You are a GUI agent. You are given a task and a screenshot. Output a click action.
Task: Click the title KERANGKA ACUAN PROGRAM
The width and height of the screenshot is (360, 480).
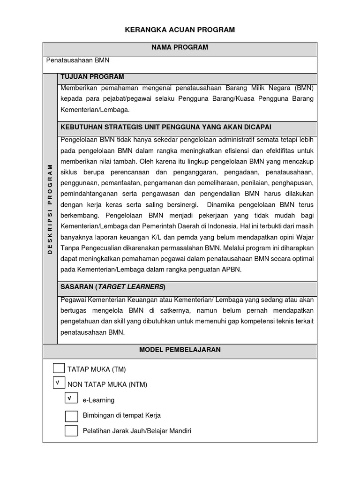[180, 30]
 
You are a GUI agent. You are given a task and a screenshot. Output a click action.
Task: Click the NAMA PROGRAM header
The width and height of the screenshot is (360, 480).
[180, 47]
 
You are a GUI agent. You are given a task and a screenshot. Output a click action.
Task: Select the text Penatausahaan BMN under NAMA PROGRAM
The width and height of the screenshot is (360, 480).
[78, 60]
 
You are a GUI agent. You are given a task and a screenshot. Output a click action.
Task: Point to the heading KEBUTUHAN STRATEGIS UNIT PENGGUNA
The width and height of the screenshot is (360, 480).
[166, 127]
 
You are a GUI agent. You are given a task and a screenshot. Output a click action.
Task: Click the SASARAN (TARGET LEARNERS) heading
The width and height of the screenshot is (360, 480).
[113, 287]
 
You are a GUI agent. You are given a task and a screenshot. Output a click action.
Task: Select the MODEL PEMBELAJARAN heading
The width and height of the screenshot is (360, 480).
[180, 350]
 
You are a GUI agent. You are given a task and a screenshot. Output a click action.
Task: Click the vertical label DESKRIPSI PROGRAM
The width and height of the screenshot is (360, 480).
[50, 209]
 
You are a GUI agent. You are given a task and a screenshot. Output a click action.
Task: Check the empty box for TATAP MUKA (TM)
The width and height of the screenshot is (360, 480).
[59, 368]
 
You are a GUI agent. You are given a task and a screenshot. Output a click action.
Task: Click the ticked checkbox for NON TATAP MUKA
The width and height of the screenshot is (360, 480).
[59, 383]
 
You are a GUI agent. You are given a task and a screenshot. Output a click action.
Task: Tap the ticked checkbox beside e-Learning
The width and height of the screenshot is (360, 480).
[71, 398]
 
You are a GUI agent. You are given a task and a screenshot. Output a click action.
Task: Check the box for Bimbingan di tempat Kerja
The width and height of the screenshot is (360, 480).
[71, 415]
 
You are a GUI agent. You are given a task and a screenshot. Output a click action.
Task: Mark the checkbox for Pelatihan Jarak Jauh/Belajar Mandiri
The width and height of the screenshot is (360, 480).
[71, 431]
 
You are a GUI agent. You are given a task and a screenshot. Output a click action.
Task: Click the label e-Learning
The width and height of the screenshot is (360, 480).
[98, 400]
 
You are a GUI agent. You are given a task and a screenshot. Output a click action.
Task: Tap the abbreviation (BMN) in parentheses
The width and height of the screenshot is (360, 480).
[304, 88]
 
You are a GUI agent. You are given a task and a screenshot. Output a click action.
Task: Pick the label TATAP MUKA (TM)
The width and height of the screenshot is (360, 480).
[97, 369]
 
